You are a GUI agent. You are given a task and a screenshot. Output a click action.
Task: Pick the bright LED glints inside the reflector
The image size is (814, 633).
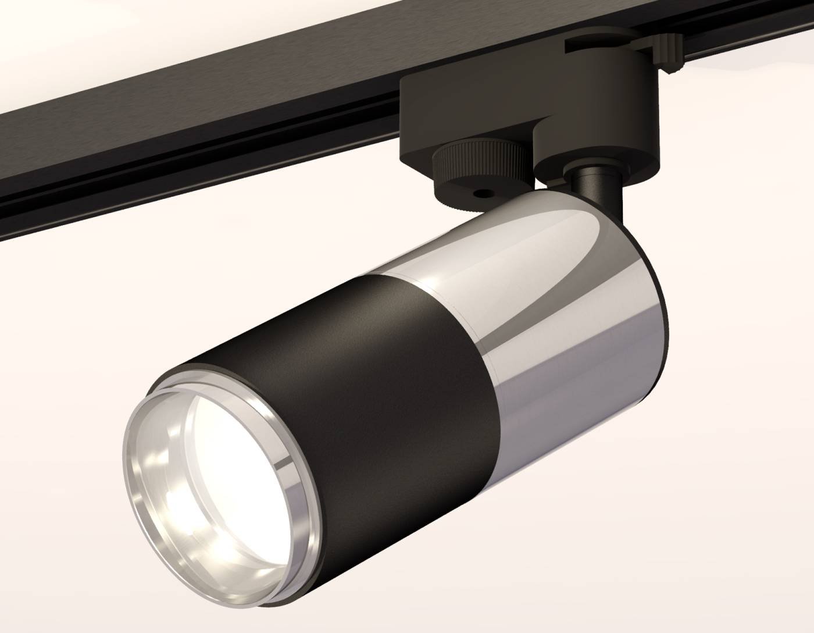pyautogui.click(x=174, y=500)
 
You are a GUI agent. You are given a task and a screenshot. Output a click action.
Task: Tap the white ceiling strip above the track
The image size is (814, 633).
pyautogui.click(x=116, y=47)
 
